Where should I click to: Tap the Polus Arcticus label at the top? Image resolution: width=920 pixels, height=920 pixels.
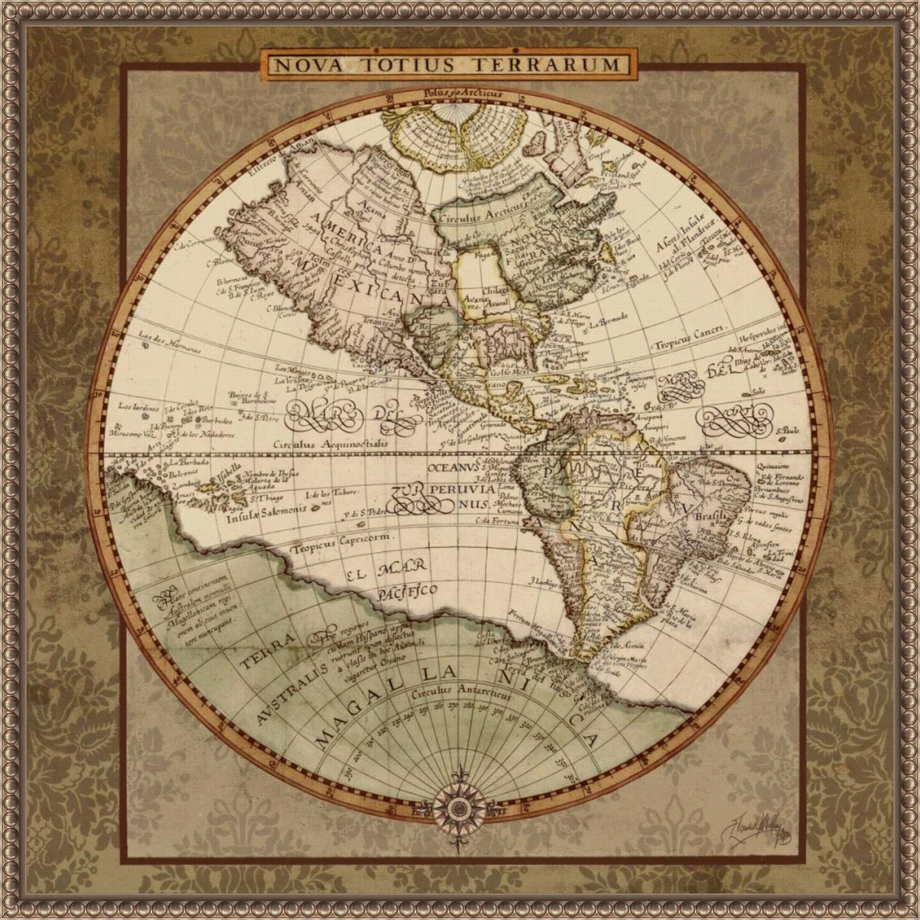[463, 93]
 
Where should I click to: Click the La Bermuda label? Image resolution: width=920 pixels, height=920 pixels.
[609, 318]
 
